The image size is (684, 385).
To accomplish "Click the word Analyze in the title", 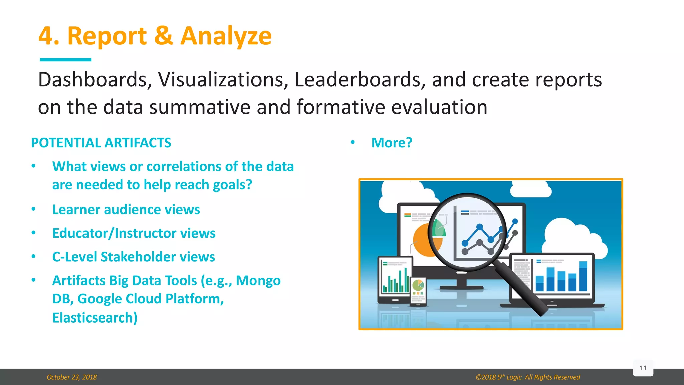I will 226,36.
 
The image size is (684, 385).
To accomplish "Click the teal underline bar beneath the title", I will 65,60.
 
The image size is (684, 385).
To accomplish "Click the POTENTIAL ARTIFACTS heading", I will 101,143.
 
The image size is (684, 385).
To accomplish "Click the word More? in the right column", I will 392,143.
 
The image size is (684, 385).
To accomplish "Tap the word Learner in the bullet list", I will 76,210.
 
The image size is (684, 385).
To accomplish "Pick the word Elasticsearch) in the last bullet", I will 95,317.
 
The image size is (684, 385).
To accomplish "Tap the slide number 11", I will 643,368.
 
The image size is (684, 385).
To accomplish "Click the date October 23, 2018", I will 71,377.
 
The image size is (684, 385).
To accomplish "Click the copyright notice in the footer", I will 528,377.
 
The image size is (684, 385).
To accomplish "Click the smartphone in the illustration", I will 418,291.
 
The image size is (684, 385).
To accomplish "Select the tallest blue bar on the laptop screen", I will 583,276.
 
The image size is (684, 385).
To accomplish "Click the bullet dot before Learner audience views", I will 33,209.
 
